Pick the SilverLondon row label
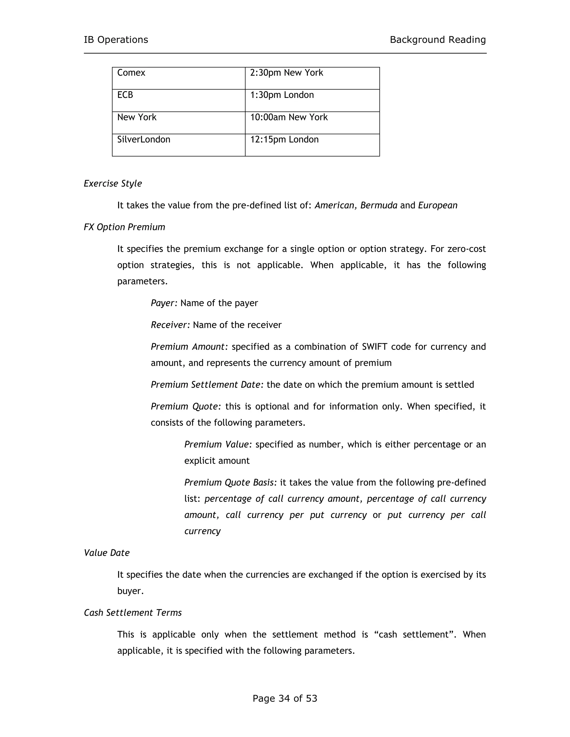[x=144, y=140]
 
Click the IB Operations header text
[x=116, y=40]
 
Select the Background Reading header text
[x=438, y=40]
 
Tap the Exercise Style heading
[x=113, y=184]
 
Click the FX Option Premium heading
[x=124, y=227]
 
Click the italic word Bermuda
[x=379, y=206]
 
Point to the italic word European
[x=438, y=206]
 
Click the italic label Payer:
[x=164, y=303]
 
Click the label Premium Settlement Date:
[x=207, y=385]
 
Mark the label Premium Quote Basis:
[x=230, y=483]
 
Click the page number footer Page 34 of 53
[x=285, y=698]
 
